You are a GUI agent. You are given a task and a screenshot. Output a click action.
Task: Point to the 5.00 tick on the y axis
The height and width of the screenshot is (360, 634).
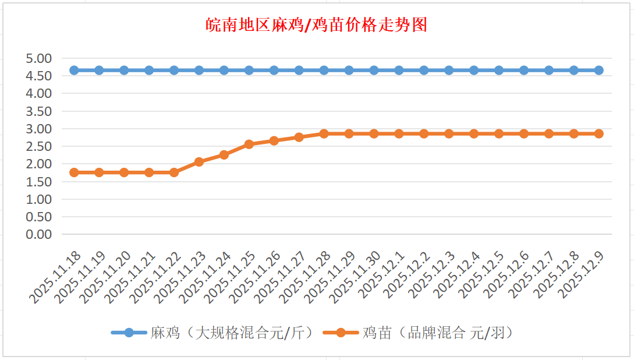(x=39, y=58)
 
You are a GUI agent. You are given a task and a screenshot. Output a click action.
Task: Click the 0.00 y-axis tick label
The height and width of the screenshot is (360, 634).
(x=39, y=234)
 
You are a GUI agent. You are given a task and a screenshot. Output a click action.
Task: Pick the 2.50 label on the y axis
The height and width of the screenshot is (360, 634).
(x=39, y=146)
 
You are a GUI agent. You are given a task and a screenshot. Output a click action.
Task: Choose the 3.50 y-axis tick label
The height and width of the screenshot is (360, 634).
(x=39, y=111)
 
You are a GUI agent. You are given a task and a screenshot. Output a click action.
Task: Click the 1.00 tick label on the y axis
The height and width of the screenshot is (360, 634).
(x=39, y=199)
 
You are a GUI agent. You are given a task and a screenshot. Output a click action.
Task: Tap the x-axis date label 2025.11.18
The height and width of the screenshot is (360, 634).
(x=56, y=277)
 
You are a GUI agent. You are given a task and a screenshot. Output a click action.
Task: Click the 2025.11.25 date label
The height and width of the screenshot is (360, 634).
(x=231, y=277)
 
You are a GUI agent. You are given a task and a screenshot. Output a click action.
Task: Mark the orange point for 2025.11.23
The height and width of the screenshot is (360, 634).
(x=199, y=162)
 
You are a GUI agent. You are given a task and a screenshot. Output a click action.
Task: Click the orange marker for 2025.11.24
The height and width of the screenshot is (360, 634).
(x=224, y=155)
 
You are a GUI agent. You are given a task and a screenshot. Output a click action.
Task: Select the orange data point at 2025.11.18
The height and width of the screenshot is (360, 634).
(x=74, y=172)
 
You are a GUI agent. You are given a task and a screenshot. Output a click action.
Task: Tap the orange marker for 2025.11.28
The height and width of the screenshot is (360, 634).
(x=324, y=134)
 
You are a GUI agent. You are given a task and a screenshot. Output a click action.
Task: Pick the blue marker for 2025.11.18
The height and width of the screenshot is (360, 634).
(x=74, y=70)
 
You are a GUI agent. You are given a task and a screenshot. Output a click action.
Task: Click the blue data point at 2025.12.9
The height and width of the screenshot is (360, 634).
(x=599, y=70)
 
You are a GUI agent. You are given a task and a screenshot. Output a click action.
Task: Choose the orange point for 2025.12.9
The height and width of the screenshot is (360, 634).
(x=599, y=134)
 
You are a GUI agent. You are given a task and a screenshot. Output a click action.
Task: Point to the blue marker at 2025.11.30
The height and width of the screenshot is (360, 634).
(x=374, y=70)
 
